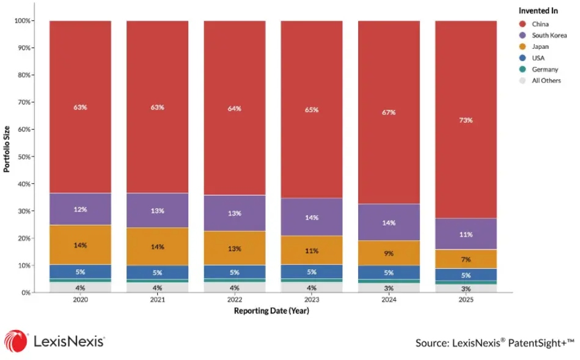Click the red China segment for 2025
[466, 120]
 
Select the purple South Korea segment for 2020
[80, 209]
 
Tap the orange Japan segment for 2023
[312, 250]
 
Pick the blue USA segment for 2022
[235, 272]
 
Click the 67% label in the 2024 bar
[389, 112]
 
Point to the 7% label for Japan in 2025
[466, 259]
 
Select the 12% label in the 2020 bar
[80, 210]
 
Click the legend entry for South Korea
[543, 35]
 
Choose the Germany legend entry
[538, 69]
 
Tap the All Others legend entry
[540, 80]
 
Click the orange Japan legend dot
[523, 46]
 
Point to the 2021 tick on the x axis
[157, 299]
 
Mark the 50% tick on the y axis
[24, 156]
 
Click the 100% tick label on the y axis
[23, 21]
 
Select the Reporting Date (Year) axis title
[271, 310]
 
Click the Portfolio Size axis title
[7, 149]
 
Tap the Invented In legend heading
[538, 11]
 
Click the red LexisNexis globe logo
[15, 341]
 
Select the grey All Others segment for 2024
[389, 288]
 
